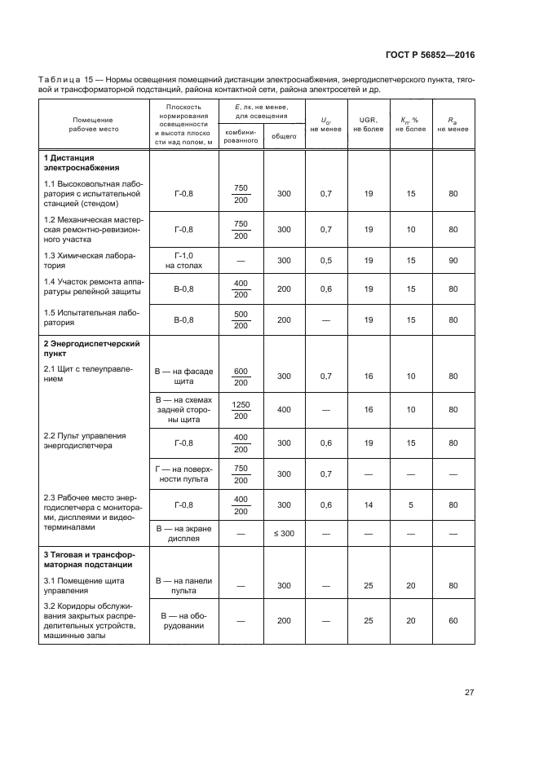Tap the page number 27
[469, 693]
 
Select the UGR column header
[368, 124]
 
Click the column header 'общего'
[284, 137]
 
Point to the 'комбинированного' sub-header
[241, 136]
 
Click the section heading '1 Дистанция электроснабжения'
[70, 161]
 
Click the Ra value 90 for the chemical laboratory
[453, 261]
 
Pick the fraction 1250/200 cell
[241, 410]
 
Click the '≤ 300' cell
[284, 534]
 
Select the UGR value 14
[368, 505]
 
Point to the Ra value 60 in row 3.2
[453, 620]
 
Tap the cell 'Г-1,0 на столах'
[183, 261]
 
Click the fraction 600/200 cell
[241, 377]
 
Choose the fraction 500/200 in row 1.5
[241, 319]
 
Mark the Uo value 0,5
[326, 261]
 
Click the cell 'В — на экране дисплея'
[183, 534]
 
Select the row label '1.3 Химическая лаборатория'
[90, 261]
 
